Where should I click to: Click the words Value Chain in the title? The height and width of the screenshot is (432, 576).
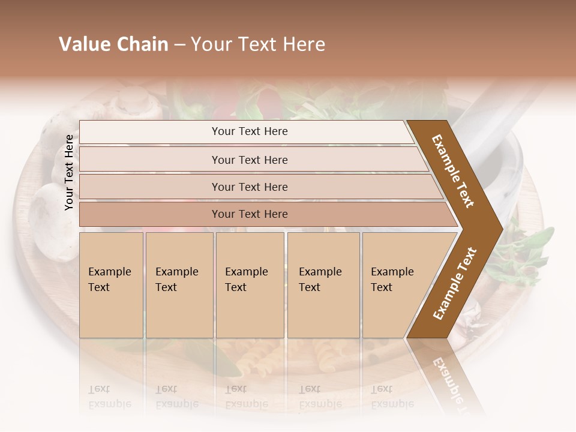tap(113, 44)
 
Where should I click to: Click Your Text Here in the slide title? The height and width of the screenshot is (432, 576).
tap(258, 44)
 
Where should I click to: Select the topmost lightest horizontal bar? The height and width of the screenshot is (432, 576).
tap(246, 131)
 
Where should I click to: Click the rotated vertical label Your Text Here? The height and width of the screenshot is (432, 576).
tap(70, 172)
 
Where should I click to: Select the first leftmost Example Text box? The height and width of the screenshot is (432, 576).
tap(111, 284)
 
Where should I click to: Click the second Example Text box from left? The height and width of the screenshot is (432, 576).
tap(179, 284)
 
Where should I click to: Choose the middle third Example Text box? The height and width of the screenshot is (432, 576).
tap(250, 284)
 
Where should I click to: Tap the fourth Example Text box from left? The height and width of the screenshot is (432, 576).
tap(323, 284)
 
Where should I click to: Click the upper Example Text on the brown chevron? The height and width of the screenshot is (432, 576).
tap(453, 172)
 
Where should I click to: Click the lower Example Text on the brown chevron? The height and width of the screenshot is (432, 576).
tap(455, 283)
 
